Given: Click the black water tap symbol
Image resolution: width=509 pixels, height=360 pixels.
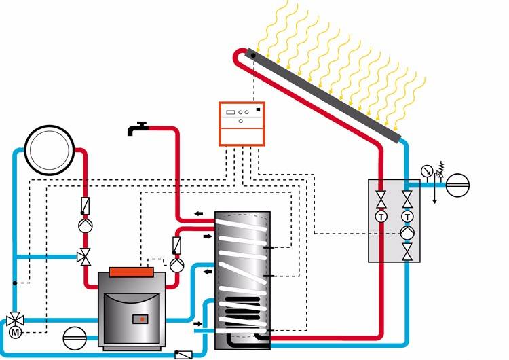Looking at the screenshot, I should [138, 128].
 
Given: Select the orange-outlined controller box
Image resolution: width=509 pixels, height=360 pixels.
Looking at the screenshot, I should [242, 123].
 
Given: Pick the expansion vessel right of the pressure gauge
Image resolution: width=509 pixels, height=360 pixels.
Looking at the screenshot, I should [457, 184].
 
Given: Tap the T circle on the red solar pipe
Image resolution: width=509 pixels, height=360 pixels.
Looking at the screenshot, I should [381, 216].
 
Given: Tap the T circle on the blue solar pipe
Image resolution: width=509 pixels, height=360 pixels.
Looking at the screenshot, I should [407, 216].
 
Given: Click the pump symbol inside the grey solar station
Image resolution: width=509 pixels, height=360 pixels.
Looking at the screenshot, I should [407, 232].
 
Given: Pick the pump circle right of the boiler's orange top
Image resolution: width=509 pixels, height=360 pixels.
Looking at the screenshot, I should [176, 264].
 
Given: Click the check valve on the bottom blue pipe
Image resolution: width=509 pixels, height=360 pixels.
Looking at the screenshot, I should [183, 355].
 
